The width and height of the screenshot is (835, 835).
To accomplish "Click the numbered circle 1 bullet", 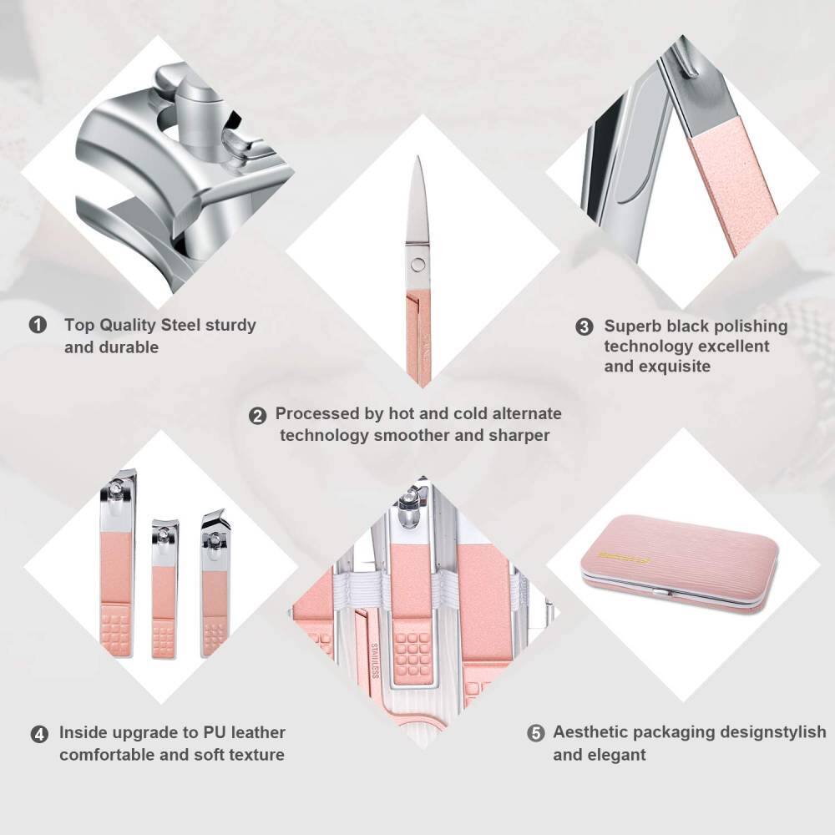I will [38, 325].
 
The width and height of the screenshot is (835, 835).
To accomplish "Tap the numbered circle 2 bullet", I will [258, 415].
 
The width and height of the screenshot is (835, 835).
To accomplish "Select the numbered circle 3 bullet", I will [584, 326].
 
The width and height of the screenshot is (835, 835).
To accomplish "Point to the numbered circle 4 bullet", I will [39, 735].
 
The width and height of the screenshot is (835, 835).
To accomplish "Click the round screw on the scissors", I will [418, 265].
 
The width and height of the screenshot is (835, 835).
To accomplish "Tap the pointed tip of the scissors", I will [417, 159].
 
